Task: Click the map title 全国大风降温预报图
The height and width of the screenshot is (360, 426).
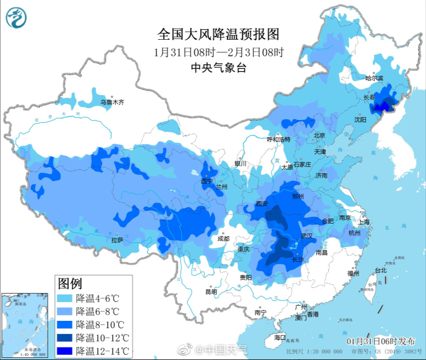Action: coord(219,34)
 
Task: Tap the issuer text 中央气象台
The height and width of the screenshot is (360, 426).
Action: coord(218,67)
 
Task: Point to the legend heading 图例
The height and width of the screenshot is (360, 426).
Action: coord(70,284)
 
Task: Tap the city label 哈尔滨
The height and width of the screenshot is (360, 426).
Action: coord(374,78)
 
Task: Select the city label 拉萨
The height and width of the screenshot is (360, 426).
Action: coord(117,240)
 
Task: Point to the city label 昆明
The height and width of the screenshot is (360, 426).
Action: coord(211,292)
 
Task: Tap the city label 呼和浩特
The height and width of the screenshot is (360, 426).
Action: coord(278,140)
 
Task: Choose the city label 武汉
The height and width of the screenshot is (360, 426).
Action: coord(306,236)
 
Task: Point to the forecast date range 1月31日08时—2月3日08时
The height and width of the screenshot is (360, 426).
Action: coord(219,52)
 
